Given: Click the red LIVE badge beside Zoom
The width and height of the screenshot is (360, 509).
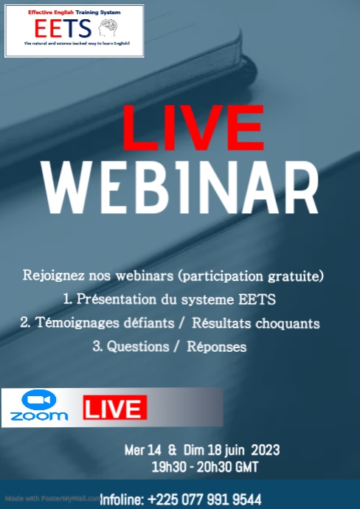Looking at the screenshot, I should coord(114,408).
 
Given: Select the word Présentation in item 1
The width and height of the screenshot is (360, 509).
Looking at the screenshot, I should coord(120,299).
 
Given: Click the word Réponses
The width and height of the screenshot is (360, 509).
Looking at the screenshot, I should coord(219,347).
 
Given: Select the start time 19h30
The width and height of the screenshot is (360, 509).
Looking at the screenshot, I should coord(167,466).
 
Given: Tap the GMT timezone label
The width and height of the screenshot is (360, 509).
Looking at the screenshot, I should coord(247,466).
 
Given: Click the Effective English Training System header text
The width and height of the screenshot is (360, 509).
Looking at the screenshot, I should coord(74,13).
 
